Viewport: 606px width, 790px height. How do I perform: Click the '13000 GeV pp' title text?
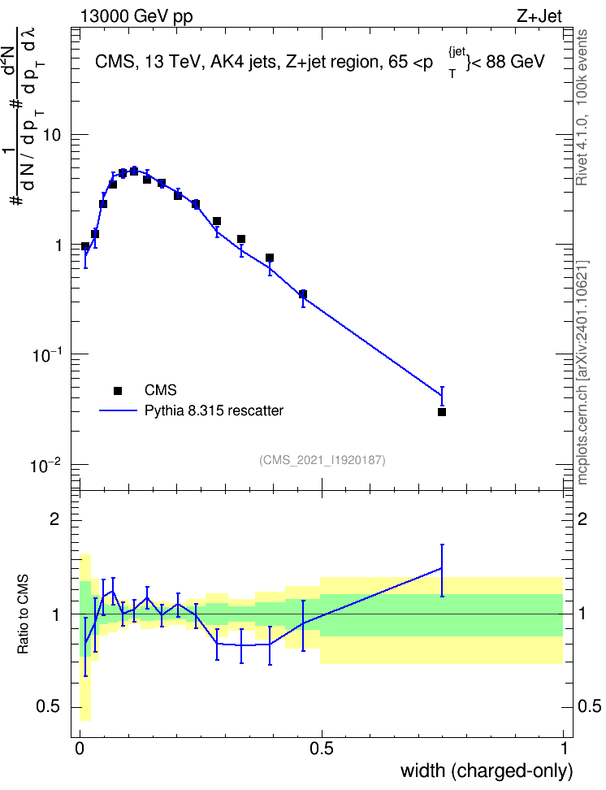136,17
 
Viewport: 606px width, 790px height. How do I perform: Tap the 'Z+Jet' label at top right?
539,16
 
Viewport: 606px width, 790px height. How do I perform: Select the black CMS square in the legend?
118,390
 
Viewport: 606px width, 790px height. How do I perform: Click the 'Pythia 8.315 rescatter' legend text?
214,410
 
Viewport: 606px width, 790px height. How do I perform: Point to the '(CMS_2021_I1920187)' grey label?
322,460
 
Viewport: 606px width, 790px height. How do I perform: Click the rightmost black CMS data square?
442,412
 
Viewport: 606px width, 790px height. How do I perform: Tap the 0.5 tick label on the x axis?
322,749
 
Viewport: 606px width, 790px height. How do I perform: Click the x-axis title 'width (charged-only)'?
487,770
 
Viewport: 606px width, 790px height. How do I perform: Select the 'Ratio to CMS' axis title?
23,614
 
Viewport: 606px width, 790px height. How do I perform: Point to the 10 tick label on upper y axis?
51,135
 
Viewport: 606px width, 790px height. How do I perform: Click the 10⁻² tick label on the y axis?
46,465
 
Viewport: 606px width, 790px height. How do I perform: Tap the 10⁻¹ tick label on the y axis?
46,354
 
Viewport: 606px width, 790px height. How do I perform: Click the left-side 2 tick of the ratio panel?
54,519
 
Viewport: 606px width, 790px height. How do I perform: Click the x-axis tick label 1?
565,749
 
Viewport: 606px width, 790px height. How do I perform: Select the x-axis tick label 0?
80,749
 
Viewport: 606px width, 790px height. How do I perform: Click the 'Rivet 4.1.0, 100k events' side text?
582,107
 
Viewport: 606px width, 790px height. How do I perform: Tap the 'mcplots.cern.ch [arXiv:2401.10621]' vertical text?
582,373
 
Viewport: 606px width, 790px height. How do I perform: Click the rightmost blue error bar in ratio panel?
442,571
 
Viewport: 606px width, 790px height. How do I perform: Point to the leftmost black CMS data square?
85,246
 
